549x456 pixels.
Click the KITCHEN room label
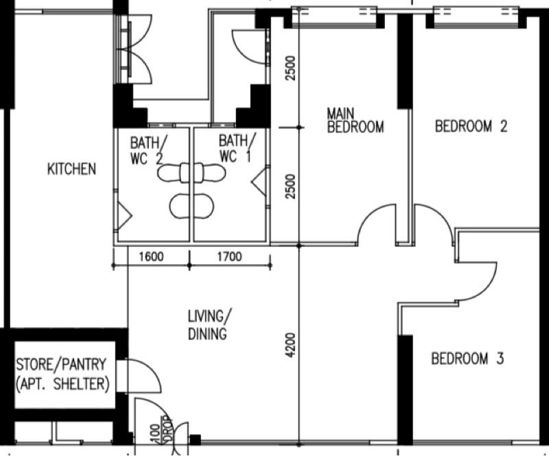[x=71, y=169]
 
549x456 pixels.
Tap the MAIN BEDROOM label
[x=354, y=119]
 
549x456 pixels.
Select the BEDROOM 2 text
[x=471, y=126]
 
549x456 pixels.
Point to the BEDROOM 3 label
[x=467, y=359]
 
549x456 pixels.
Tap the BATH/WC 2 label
[x=149, y=149]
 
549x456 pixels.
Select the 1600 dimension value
[x=151, y=258]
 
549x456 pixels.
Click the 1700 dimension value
[x=229, y=258]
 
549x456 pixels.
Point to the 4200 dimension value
[x=291, y=348]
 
